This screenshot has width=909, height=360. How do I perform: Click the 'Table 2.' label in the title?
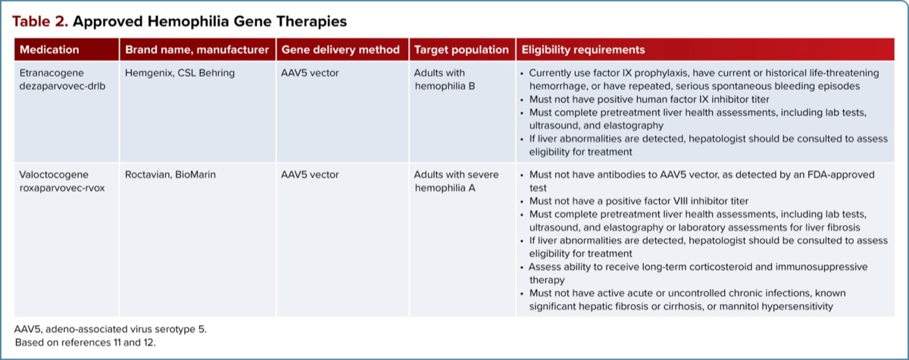click(x=39, y=20)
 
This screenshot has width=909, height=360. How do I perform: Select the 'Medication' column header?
click(x=49, y=50)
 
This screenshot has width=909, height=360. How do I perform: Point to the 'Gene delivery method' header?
click(x=340, y=50)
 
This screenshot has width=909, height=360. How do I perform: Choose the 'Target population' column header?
click(x=461, y=50)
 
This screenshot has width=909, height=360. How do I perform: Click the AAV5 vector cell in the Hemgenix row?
click(x=310, y=73)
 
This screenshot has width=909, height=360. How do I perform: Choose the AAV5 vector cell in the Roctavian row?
click(x=310, y=174)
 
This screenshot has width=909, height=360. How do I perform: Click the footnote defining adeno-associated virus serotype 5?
click(x=110, y=330)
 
